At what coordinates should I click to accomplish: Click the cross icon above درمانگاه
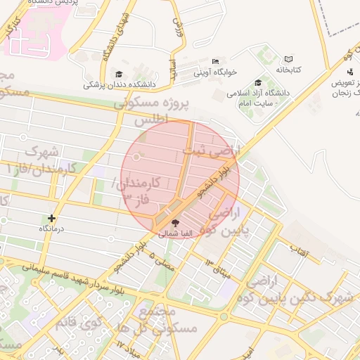tap(51, 219)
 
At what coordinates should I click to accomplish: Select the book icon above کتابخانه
tap(288, 60)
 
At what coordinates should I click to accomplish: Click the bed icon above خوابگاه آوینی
tap(214, 62)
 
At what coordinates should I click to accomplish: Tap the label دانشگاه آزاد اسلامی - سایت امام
tap(259, 98)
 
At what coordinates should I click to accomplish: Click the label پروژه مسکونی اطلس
tap(162, 112)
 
